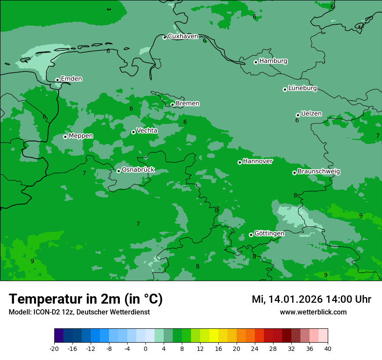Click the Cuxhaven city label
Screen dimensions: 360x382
183,36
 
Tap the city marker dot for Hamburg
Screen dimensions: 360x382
256,62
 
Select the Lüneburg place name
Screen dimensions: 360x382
302,88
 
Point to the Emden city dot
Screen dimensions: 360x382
57,80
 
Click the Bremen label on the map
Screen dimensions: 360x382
188,103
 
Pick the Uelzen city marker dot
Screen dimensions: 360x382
298,115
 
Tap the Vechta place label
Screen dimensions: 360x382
147,131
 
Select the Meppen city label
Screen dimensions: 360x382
81,136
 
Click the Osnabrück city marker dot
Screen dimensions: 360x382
119,171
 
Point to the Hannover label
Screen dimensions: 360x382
257,161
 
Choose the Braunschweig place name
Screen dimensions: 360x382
319,171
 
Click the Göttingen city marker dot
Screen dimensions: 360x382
251,235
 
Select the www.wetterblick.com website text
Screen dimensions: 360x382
313,312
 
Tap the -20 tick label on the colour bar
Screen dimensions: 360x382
54,348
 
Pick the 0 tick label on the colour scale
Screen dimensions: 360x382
145,348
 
